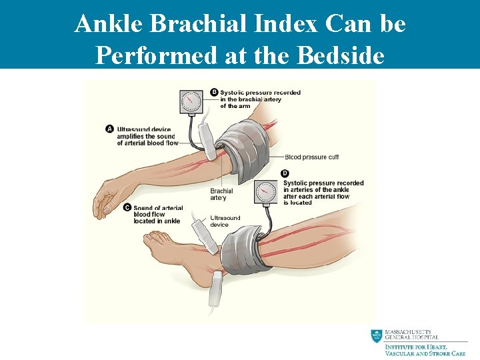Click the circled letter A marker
(x=109, y=129)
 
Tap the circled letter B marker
(x=214, y=92)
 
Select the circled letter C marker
(x=127, y=207)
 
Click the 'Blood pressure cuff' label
(x=311, y=157)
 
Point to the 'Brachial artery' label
(x=222, y=194)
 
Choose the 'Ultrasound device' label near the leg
(x=225, y=221)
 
